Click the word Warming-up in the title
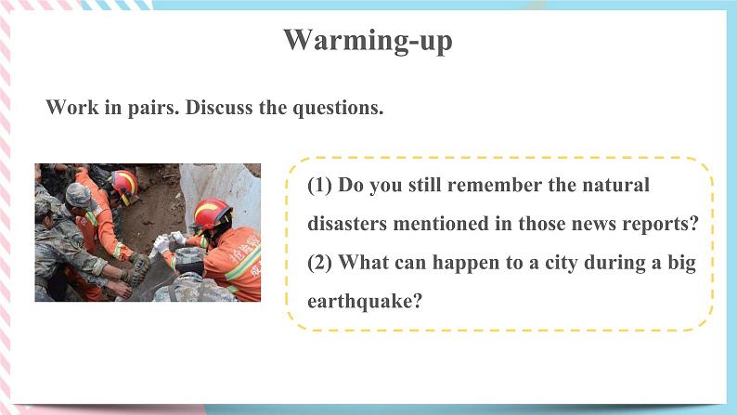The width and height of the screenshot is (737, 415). click(368, 40)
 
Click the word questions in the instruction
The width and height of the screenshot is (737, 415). click(338, 108)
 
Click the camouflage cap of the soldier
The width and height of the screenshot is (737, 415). click(79, 195)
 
